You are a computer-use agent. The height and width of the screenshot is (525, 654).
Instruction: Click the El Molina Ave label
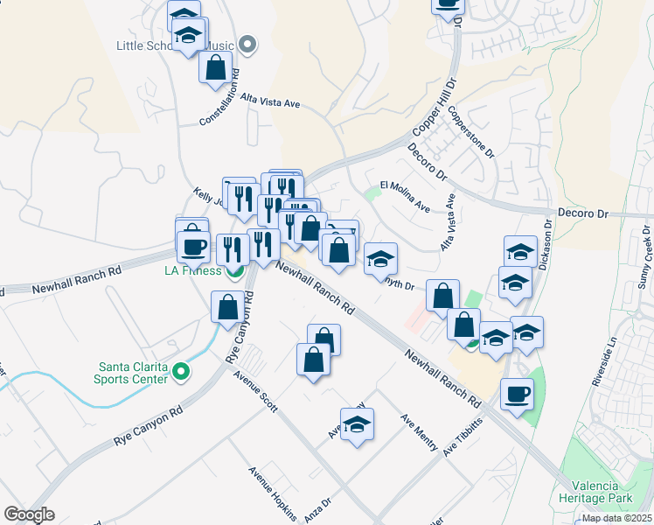(x=406, y=196)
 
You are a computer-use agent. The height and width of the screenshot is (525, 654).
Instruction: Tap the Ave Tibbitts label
(x=463, y=437)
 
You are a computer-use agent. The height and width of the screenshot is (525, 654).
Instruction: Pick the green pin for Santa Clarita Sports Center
(x=181, y=373)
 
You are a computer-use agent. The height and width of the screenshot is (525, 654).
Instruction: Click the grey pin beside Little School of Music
(x=247, y=45)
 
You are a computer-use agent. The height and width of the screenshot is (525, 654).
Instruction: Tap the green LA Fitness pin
(x=234, y=271)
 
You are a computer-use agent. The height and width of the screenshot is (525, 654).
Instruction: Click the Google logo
(x=29, y=514)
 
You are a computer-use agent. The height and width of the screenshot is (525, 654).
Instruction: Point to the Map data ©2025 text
(x=616, y=518)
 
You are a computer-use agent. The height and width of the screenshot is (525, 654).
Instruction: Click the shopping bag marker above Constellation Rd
(x=215, y=66)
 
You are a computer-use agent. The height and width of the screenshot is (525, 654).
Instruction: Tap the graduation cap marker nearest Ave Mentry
(x=357, y=424)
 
